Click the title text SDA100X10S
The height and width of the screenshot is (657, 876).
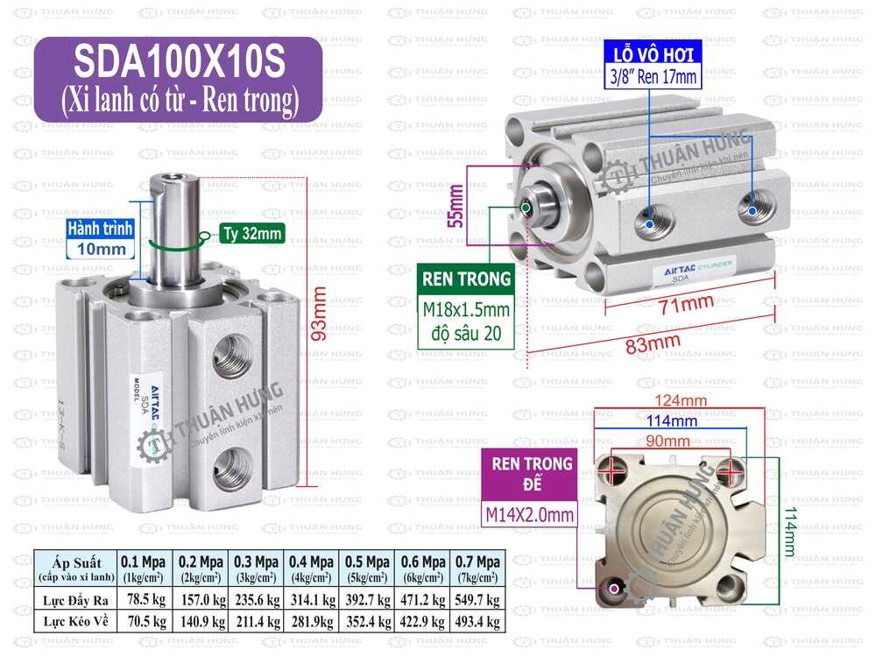tap(178, 62)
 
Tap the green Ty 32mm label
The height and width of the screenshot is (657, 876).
tap(251, 234)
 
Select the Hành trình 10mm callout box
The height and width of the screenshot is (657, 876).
tap(101, 238)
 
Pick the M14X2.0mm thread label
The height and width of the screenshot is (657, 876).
tap(531, 515)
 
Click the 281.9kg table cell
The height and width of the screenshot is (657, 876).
tap(312, 622)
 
